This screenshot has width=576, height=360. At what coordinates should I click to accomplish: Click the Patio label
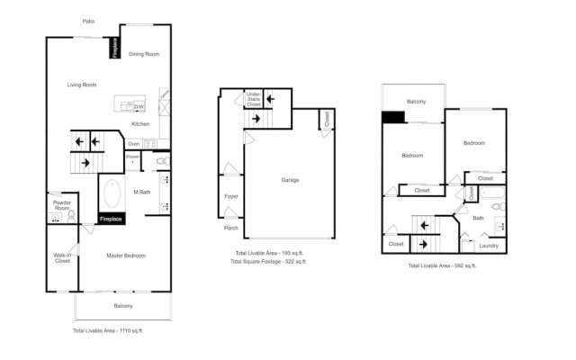pos(88,21)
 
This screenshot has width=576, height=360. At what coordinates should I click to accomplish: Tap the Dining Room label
pos(144,55)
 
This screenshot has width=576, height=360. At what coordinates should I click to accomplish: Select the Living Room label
pos(82,85)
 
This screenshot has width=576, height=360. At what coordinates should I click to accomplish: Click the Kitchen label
pos(140,123)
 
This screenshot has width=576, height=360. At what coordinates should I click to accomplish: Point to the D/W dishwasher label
pos(139,106)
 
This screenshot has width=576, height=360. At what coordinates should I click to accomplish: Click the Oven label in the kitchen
pos(133,144)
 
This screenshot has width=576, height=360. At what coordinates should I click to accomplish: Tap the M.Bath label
pos(141,192)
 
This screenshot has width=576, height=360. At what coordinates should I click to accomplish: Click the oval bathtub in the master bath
pos(113,193)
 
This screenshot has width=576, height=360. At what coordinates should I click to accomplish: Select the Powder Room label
pos(62,206)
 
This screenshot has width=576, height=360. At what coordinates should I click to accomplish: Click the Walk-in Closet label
pos(62,258)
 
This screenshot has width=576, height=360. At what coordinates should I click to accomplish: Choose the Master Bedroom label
pos(126,256)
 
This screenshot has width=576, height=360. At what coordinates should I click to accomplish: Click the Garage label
pos(290,180)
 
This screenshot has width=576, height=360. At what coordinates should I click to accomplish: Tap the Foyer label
pos(230,195)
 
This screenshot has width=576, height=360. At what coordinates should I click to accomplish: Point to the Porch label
pos(231,229)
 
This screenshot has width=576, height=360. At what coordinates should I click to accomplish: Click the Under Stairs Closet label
pos(254,99)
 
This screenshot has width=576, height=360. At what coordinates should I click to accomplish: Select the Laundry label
pos(489,245)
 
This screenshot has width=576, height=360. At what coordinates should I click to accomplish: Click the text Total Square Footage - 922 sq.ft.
pos(268,261)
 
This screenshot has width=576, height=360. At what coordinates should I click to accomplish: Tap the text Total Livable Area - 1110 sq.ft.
pos(108,331)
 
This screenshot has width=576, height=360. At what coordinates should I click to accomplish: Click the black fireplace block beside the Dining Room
pos(115,49)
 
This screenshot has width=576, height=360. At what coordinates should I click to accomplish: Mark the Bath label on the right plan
pos(478,217)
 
